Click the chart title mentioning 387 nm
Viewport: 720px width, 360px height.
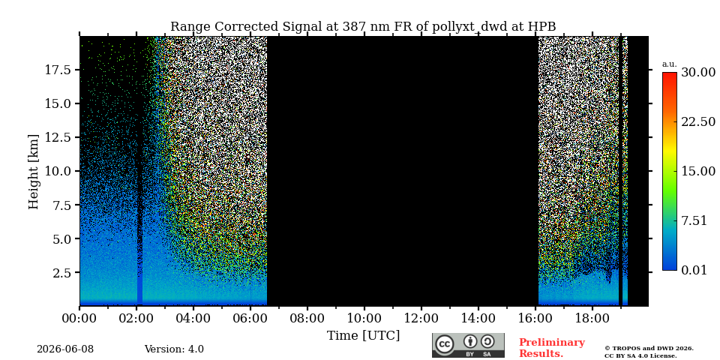[x=363, y=27]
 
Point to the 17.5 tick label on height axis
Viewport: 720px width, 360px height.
[x=58, y=70]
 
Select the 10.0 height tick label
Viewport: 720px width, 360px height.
[x=58, y=171]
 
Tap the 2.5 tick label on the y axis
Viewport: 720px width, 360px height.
[x=61, y=273]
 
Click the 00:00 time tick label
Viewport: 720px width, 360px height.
[x=80, y=318]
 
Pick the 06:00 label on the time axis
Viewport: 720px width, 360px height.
[x=250, y=318]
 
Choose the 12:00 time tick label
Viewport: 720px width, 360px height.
[x=421, y=318]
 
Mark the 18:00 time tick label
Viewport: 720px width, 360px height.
[x=592, y=318]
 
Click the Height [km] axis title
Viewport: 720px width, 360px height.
[x=34, y=171]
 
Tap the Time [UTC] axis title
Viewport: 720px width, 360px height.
[x=363, y=336]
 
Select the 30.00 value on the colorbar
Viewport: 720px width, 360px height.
[x=698, y=73]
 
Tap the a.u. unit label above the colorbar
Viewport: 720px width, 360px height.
[x=670, y=64]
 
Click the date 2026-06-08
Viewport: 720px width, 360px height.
[x=65, y=349]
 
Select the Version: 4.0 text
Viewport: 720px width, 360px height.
[x=174, y=349]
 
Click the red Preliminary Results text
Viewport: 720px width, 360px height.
[x=552, y=348]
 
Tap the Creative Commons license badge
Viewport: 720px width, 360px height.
[x=468, y=345]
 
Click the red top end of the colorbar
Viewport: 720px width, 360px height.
[x=670, y=73]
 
